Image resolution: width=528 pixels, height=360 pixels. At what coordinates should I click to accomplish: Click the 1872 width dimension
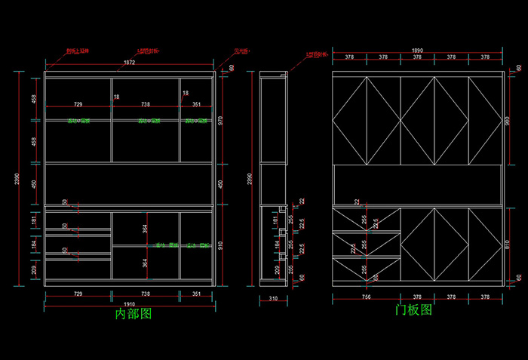point(129,63)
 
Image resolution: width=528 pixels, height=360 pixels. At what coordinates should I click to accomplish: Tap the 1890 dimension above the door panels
point(417,51)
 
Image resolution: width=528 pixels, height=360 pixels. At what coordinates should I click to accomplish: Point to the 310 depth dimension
point(273,300)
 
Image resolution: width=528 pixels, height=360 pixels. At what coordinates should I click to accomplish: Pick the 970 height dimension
point(221,118)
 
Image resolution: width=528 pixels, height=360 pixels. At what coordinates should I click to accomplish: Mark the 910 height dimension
point(221,244)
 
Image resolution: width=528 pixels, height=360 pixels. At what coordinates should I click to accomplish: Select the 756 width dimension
point(365,298)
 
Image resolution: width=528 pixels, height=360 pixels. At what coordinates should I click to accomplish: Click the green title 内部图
point(133,313)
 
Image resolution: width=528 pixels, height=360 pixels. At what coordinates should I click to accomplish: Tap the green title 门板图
point(414,310)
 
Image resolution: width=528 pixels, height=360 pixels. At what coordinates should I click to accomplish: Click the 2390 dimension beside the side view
point(250,178)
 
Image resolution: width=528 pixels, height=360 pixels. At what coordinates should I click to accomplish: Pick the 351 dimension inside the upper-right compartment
point(196,105)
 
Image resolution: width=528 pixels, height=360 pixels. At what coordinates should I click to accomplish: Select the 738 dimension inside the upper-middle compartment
point(145,105)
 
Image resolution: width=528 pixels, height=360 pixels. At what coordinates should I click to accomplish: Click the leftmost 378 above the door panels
point(349,57)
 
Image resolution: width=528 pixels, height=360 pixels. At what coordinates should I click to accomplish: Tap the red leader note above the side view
point(318,54)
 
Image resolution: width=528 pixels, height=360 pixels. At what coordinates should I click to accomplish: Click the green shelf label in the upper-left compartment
point(78,121)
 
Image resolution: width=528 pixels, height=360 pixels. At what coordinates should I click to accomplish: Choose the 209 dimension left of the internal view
point(34,269)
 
